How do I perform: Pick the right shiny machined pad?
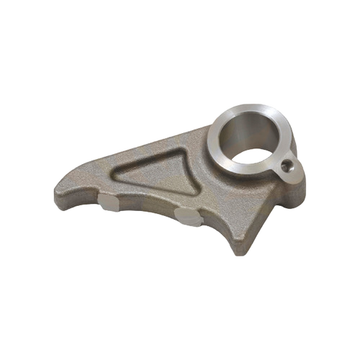coord(188,217)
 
